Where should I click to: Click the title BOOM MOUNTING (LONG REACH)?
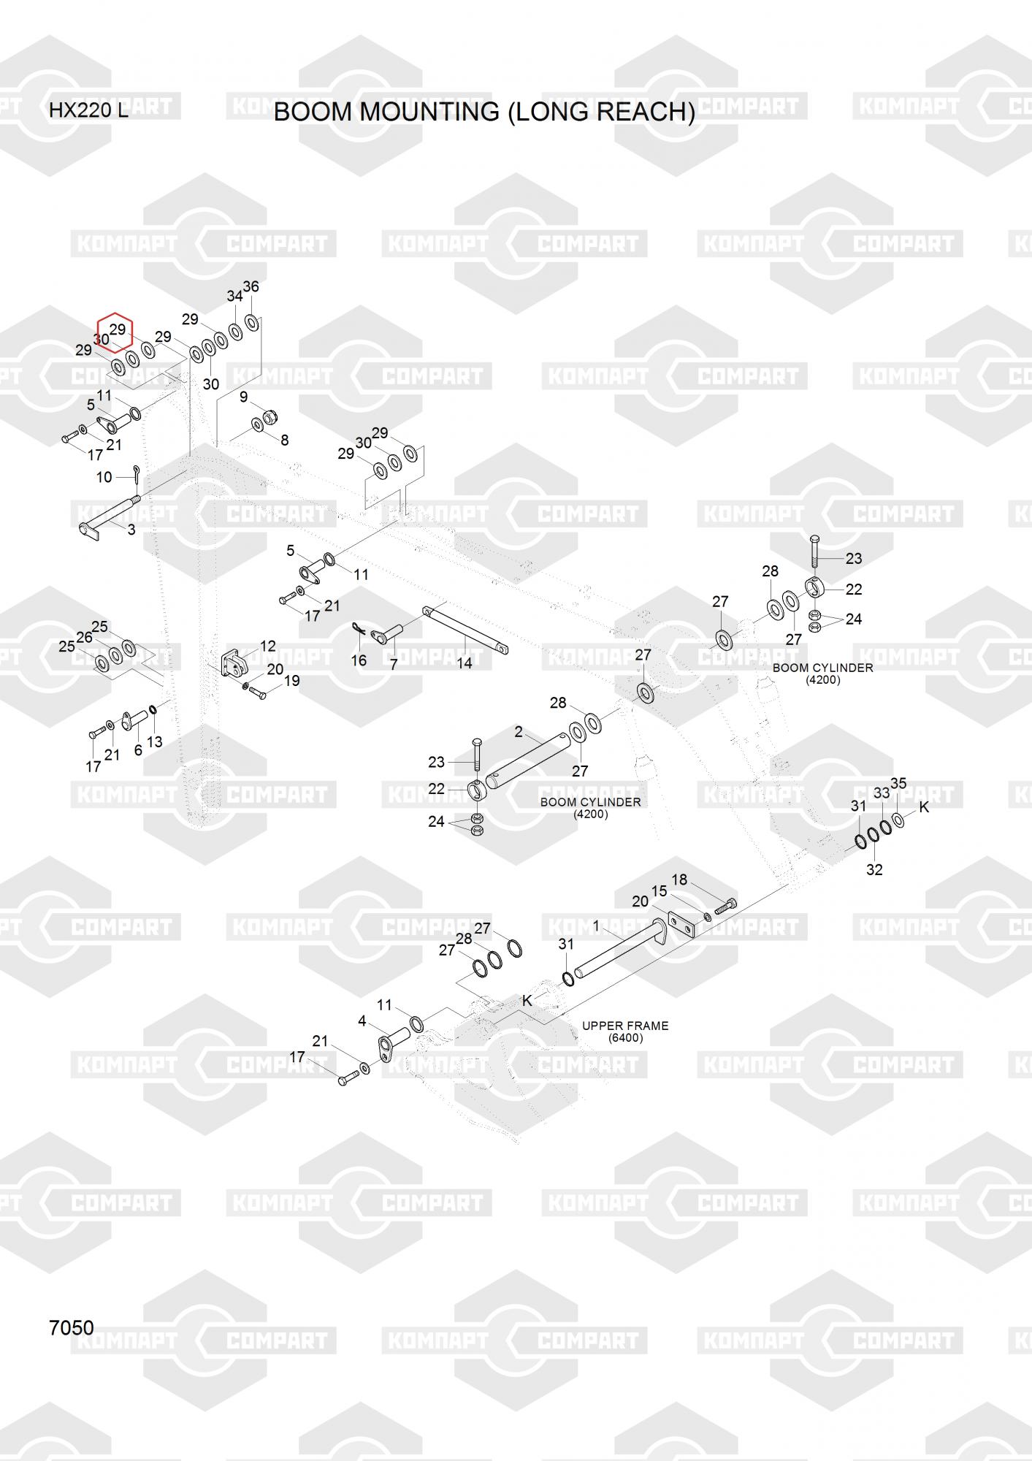click(483, 112)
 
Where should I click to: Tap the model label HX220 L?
click(88, 111)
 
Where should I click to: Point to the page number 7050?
click(71, 1327)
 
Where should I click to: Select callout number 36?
click(251, 286)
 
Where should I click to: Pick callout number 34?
click(234, 296)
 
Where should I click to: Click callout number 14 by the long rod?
click(465, 663)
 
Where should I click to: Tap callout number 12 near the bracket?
click(268, 646)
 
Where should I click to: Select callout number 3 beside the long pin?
click(131, 530)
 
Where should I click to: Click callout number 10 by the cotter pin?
click(104, 477)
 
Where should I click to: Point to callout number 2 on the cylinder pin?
click(519, 731)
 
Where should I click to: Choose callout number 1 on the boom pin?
click(596, 926)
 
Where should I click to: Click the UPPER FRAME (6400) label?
click(625, 1031)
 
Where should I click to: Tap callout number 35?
click(898, 783)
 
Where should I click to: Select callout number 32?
click(874, 869)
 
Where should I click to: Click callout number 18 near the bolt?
click(679, 880)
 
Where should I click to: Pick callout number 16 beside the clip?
click(359, 660)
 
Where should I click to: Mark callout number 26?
click(84, 637)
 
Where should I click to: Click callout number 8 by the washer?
click(284, 440)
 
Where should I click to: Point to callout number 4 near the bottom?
click(362, 1021)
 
